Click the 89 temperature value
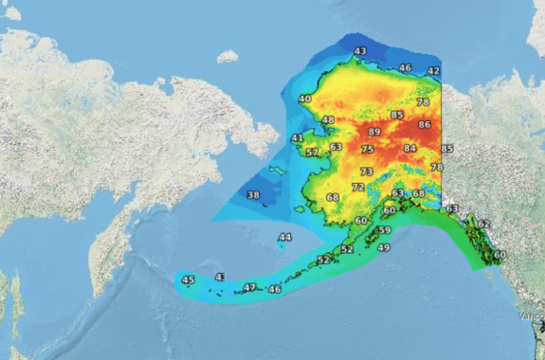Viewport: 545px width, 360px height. [x=373, y=132]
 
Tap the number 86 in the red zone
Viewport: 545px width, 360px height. [x=425, y=125]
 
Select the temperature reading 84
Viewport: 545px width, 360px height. [x=409, y=149]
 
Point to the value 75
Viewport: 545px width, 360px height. [x=367, y=150]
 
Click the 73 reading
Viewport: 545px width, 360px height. [x=367, y=172]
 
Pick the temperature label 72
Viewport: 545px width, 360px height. [x=357, y=188]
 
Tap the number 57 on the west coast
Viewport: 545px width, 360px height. [x=312, y=153]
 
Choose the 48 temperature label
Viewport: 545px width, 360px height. [x=328, y=120]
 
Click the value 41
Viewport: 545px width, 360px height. [x=297, y=138]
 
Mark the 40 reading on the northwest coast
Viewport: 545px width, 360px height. [x=304, y=99]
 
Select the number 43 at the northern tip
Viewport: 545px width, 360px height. [x=360, y=51]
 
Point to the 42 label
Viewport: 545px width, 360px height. [x=434, y=71]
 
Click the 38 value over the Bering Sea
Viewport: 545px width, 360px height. [x=253, y=195]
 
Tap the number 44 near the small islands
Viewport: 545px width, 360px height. [x=285, y=237]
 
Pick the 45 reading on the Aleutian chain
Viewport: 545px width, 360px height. [x=188, y=280]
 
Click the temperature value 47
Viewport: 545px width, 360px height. [x=250, y=287]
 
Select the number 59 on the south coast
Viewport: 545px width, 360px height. [x=384, y=230]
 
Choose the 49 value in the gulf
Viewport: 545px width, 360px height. [x=384, y=248]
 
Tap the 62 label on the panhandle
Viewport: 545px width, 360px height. [x=483, y=225]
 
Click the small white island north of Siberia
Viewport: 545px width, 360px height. [x=227, y=57]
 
